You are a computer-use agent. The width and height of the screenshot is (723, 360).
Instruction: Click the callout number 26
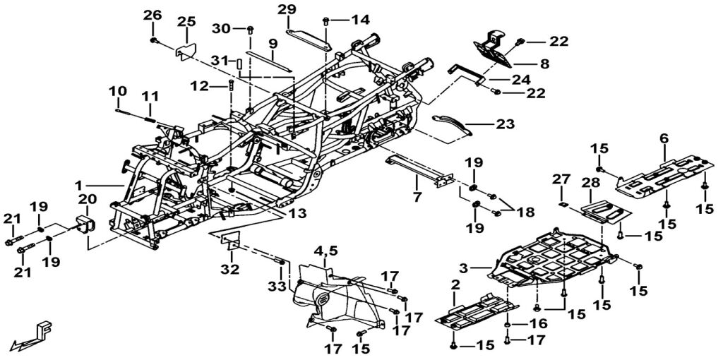(153, 16)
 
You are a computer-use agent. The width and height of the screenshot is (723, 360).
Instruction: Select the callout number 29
(287, 9)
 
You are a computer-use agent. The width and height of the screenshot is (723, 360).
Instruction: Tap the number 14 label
(360, 20)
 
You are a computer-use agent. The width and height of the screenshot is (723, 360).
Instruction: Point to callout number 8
(544, 64)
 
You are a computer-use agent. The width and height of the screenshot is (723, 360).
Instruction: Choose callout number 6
(663, 138)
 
